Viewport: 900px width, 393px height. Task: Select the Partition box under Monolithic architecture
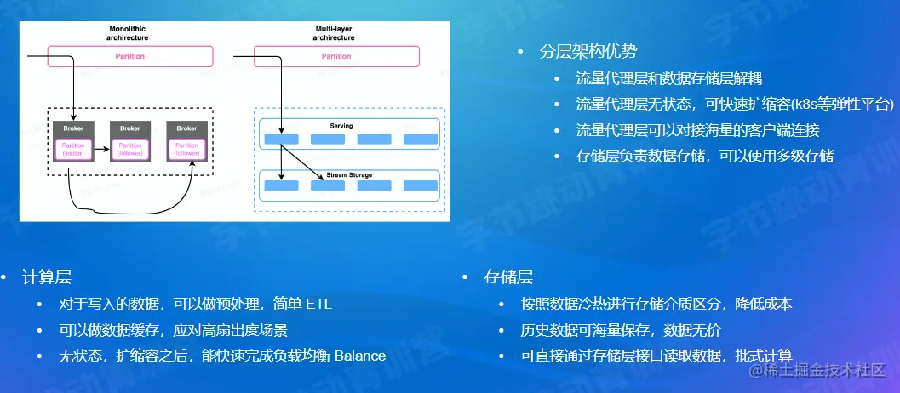click(x=129, y=56)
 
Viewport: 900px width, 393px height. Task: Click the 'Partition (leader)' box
click(x=74, y=149)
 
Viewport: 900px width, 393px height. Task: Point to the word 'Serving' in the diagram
click(x=341, y=126)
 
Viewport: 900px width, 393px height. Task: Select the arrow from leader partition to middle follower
click(x=101, y=149)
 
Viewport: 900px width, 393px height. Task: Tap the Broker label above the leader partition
click(x=74, y=128)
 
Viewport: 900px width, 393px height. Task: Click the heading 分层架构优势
click(x=588, y=51)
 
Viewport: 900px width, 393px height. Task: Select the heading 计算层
click(x=47, y=276)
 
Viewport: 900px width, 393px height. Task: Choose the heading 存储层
click(x=508, y=276)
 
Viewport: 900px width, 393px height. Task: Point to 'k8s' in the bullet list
click(x=805, y=104)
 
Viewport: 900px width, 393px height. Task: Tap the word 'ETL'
click(x=318, y=304)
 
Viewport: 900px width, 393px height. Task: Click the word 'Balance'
click(x=359, y=355)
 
